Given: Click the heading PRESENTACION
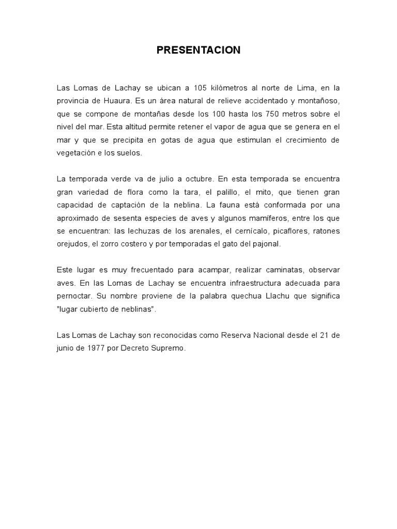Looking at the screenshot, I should (x=198, y=50).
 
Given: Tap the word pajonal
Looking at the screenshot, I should (x=254, y=244).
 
